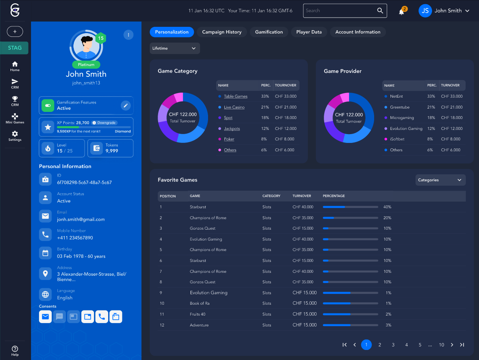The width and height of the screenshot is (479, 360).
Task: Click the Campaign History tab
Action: pos(221,32)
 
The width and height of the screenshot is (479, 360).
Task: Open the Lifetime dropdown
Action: pos(174,48)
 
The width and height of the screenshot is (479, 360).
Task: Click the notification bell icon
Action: pos(401,11)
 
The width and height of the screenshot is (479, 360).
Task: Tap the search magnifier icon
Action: pos(380,11)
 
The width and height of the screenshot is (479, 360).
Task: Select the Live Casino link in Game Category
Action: pos(234,107)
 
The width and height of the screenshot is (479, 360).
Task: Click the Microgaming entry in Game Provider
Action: pos(401,118)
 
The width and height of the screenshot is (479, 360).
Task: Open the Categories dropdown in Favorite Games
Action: pos(440,180)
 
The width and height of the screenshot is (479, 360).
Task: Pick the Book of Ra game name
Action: pos(200,303)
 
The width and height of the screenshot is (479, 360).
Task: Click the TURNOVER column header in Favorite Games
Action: pos(302,196)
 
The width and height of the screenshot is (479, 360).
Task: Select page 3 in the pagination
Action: pos(393,345)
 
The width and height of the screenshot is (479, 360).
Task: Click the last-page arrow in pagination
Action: pos(462,345)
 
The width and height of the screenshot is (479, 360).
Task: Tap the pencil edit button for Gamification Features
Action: pos(125,106)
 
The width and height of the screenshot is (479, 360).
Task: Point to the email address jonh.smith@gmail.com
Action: pos(81,220)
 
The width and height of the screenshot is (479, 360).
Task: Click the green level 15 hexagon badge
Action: pos(101,39)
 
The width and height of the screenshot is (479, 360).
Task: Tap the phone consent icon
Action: pos(102,317)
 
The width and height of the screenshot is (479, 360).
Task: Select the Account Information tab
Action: pos(357,32)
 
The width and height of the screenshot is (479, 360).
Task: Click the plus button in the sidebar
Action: pos(15,31)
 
